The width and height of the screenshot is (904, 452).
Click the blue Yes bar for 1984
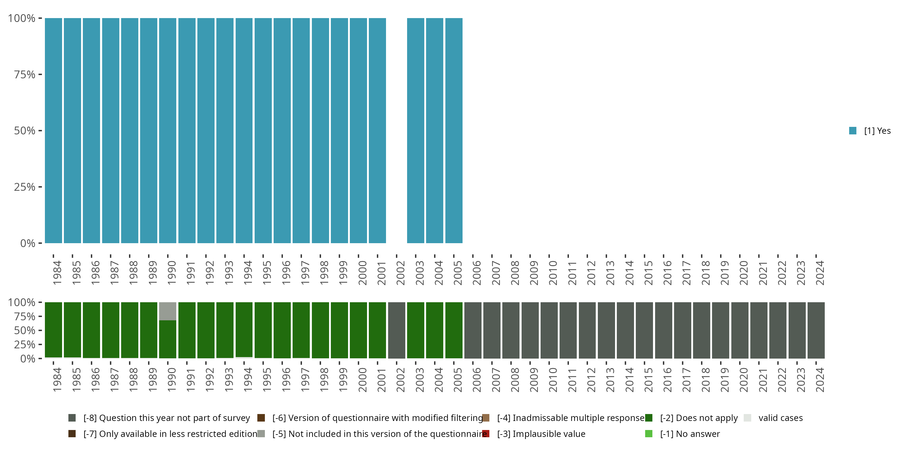pos(53,130)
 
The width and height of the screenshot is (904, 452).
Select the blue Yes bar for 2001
pos(377,130)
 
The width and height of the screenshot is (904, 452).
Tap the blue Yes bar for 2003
pos(416,130)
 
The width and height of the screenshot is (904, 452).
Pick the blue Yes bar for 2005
pos(454,130)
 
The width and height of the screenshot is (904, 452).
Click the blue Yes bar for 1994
pos(244,130)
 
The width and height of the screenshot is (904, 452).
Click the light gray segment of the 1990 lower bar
pos(168,311)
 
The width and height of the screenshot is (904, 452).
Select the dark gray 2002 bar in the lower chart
pos(397,330)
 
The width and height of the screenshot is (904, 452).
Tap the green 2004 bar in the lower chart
pos(435,330)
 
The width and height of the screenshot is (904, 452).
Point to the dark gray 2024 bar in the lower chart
pos(816,330)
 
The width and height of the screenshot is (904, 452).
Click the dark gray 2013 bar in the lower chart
pos(606,330)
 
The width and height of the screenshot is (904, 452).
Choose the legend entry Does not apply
pos(698,418)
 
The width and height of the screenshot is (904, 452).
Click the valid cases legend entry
pos(780,418)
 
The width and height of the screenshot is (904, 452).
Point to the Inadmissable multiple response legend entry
pos(570,418)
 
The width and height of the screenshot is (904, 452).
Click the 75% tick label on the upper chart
pos(25,74)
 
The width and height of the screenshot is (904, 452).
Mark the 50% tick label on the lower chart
pos(25,331)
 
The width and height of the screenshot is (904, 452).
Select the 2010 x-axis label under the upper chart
pos(553,273)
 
